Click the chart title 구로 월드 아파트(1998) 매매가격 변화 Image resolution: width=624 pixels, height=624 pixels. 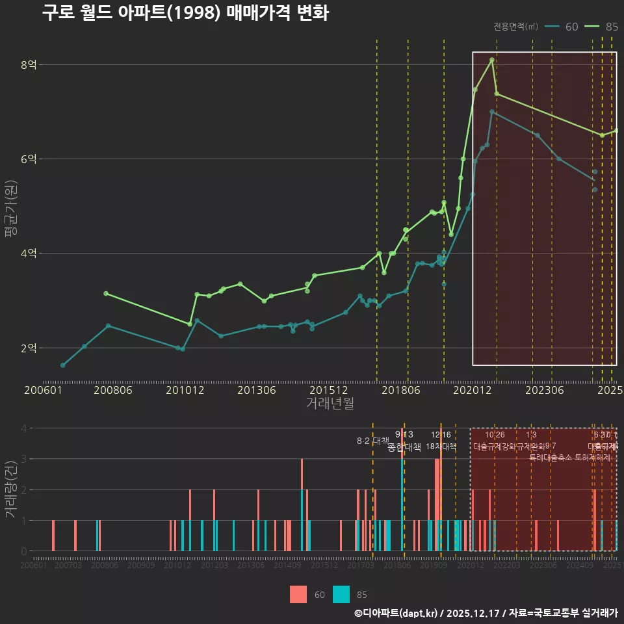185,13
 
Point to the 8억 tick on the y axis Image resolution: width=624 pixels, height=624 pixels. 29,64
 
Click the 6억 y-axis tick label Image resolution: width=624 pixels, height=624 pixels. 29,159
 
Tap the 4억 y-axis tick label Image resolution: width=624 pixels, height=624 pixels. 29,253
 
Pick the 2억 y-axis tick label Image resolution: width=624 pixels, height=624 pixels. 29,348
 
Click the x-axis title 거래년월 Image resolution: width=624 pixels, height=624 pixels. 330,404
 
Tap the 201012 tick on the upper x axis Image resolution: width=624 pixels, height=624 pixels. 185,390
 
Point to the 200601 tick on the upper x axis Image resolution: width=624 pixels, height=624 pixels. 43,390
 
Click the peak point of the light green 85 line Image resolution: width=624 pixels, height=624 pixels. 492,60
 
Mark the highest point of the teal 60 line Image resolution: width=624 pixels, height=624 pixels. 492,112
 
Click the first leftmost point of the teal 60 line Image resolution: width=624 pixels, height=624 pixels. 62,365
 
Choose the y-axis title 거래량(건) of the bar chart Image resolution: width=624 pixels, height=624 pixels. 10,489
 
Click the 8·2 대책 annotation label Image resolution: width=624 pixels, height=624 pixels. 372,441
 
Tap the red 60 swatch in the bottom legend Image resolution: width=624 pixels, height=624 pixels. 298,594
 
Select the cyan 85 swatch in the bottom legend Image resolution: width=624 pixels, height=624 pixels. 341,594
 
